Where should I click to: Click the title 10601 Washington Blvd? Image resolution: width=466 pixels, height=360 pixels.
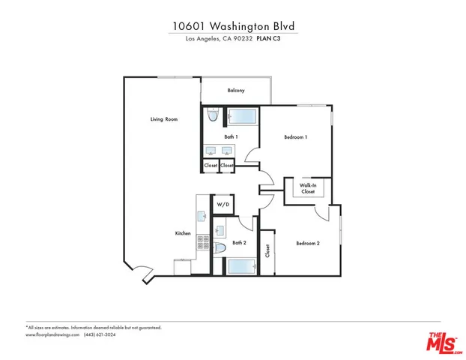(x=233, y=25)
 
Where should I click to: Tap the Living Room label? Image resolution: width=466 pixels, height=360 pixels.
(x=163, y=119)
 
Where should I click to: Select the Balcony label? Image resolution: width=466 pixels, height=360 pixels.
(x=236, y=91)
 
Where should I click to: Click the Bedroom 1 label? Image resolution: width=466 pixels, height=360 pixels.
(x=296, y=137)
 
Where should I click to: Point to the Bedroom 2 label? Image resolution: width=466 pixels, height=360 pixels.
(x=308, y=243)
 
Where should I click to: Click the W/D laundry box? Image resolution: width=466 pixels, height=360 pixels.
(x=223, y=204)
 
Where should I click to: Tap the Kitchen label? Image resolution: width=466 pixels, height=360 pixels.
(x=183, y=234)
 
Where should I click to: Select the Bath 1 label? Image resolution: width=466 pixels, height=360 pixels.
(x=231, y=137)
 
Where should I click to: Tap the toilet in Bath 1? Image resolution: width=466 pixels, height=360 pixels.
(x=212, y=116)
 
